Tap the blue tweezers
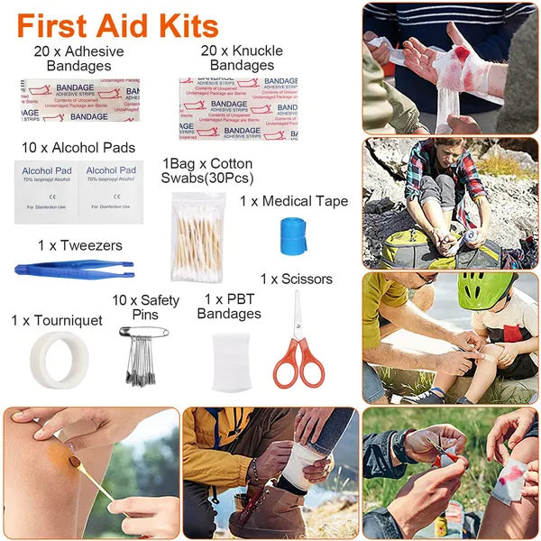pyautogui.click(x=74, y=269)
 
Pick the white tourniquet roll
pyautogui.click(x=60, y=355)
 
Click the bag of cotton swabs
pyautogui.click(x=199, y=237)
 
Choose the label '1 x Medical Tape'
pyautogui.click(x=293, y=201)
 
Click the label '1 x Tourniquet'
pyautogui.click(x=57, y=320)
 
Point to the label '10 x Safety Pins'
pyautogui.click(x=145, y=307)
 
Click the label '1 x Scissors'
pyautogui.click(x=296, y=279)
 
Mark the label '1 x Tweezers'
pyautogui.click(x=79, y=245)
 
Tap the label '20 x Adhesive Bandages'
pyautogui.click(x=78, y=58)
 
